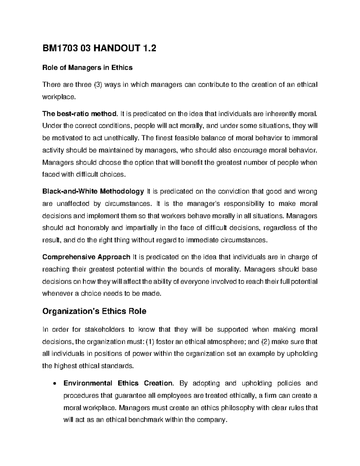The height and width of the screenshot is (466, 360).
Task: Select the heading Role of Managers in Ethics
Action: [x=87, y=68]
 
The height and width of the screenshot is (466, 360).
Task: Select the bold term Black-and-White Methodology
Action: [x=93, y=191]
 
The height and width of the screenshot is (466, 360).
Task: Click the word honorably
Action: [x=93, y=228]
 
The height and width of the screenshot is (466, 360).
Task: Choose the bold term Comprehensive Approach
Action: [x=86, y=257]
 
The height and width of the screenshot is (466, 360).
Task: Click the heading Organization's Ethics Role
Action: [x=94, y=311]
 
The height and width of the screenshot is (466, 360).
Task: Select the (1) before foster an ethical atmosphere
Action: [x=149, y=342]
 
